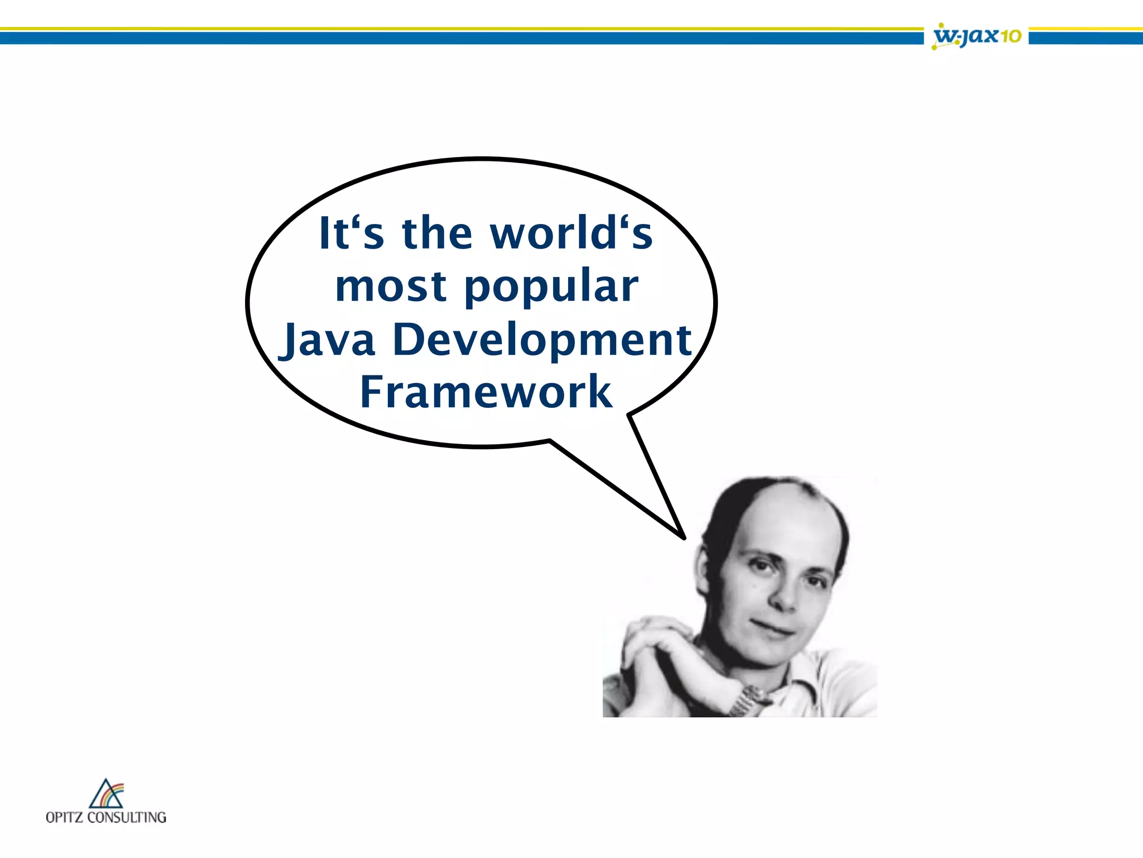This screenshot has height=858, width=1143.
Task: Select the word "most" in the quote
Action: click(391, 286)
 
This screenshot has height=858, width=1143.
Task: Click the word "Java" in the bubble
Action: click(328, 340)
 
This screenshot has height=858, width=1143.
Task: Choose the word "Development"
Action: click(542, 340)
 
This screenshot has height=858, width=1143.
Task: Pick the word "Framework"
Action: click(486, 392)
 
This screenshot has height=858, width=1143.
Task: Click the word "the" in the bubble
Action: click(437, 233)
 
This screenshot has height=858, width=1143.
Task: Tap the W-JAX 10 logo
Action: click(977, 36)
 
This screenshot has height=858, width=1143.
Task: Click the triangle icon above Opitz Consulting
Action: click(106, 794)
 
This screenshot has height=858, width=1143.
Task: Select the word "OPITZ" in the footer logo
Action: click(64, 817)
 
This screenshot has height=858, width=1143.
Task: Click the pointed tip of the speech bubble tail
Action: click(684, 537)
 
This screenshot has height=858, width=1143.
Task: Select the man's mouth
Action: click(773, 628)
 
